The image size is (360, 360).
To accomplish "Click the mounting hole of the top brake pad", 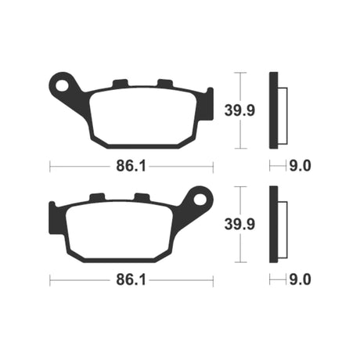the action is tap(63, 86).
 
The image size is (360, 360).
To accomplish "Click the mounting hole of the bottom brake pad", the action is tap(200, 200).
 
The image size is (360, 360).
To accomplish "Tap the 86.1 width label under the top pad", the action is tap(131, 166).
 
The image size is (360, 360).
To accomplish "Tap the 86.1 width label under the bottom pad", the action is tap(131, 280).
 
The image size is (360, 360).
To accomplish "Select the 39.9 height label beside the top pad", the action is tap(239, 110).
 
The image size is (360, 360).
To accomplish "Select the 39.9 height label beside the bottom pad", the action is tap(239, 225).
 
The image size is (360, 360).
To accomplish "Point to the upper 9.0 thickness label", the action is tap(300, 166).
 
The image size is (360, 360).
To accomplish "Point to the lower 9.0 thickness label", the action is tap(300, 280).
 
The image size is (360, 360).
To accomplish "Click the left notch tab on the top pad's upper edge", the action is tap(121, 83).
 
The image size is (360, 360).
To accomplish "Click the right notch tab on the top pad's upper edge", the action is tap(165, 83).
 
